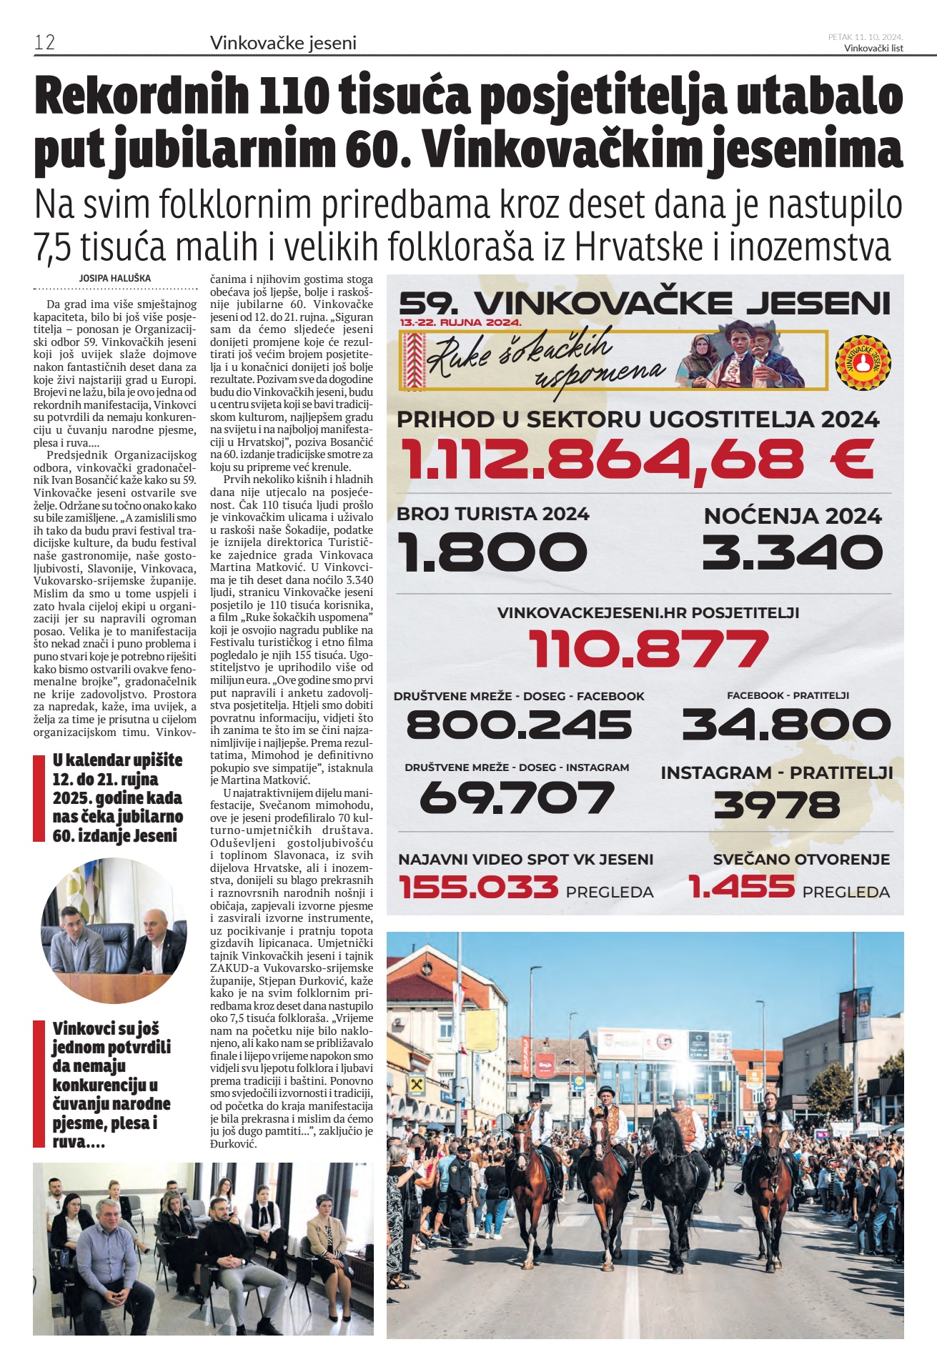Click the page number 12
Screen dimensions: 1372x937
click(x=44, y=42)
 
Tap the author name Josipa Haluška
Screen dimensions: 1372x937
click(x=115, y=278)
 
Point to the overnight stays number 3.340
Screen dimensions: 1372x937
click(x=793, y=552)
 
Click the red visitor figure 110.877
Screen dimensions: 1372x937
click(x=648, y=649)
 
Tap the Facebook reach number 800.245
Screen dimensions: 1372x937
click(x=519, y=725)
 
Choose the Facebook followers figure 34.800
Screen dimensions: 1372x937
click(x=786, y=725)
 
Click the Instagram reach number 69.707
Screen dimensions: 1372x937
click(x=516, y=797)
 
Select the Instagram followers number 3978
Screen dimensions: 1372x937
click(x=777, y=805)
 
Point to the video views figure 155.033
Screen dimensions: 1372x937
click(x=478, y=888)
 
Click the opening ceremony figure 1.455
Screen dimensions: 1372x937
click(x=741, y=888)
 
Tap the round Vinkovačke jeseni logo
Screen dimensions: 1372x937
click(x=863, y=362)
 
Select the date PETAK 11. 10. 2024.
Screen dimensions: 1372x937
click(x=865, y=36)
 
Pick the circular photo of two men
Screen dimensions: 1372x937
click(x=114, y=931)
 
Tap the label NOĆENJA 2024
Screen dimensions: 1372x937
click(x=793, y=516)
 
